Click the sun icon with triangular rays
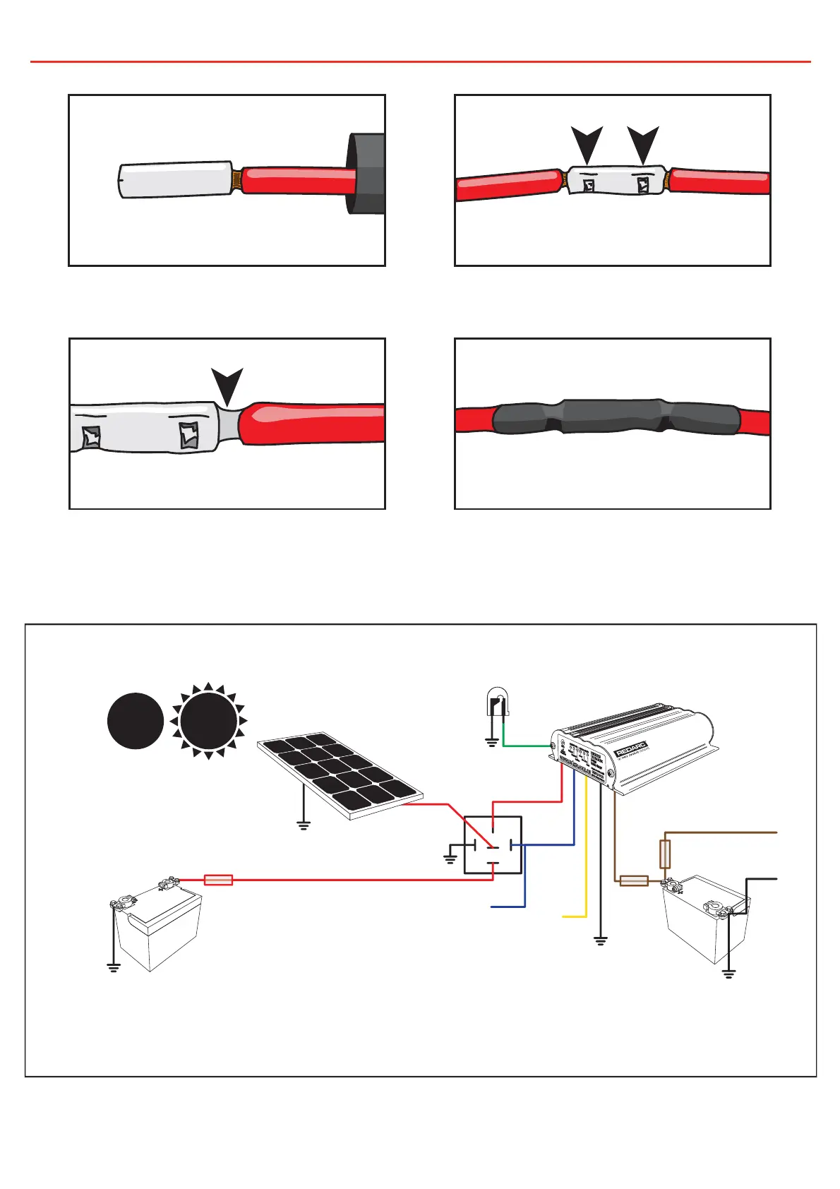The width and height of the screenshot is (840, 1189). point(208,721)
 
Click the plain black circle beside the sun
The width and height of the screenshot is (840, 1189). point(136,721)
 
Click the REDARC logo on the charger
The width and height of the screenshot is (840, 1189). point(632,748)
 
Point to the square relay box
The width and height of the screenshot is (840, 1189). point(493,845)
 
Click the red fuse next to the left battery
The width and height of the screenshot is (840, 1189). point(218,880)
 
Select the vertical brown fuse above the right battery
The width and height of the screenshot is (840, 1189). point(664,854)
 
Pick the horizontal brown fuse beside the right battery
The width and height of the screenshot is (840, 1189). point(634,880)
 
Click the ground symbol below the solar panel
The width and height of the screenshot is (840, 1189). point(304,825)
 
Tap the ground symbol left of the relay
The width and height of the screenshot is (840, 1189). point(450,859)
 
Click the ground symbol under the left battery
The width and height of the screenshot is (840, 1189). point(114,967)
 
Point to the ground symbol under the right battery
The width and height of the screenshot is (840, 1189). point(728,974)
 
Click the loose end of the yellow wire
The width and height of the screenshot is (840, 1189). point(564,916)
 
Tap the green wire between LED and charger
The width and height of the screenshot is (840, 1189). point(526,746)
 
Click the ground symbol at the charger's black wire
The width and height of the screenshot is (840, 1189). point(600,940)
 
